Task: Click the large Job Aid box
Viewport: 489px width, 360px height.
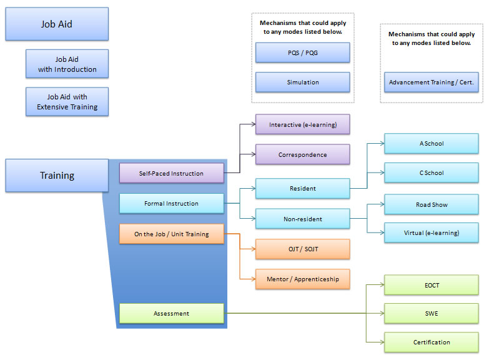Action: click(x=57, y=24)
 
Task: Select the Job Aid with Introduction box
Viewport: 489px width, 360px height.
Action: click(x=67, y=64)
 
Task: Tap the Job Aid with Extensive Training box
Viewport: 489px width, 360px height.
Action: click(x=67, y=102)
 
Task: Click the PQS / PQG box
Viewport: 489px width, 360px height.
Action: click(x=302, y=52)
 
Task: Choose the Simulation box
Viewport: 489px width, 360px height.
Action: click(x=302, y=82)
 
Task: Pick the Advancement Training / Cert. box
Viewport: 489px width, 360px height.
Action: click(x=431, y=82)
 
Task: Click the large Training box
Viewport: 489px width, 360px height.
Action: click(x=57, y=176)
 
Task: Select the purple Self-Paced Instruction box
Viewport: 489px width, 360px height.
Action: click(x=171, y=173)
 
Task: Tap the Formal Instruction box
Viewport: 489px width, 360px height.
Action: click(x=171, y=204)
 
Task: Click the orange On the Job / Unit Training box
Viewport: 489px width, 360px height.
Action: click(x=171, y=234)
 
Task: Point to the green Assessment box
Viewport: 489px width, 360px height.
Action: click(x=171, y=314)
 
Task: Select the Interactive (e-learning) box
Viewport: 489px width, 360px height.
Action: click(x=302, y=124)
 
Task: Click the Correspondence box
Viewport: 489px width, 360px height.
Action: click(x=302, y=154)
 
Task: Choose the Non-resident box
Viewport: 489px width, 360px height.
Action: click(x=302, y=219)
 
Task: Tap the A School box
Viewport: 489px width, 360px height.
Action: click(x=431, y=144)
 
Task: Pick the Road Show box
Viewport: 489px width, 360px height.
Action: click(x=431, y=204)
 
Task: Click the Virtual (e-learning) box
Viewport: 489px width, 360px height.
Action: click(x=431, y=233)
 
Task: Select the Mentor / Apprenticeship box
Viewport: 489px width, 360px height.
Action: click(x=302, y=279)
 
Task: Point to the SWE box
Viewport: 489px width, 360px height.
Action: click(x=431, y=313)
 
